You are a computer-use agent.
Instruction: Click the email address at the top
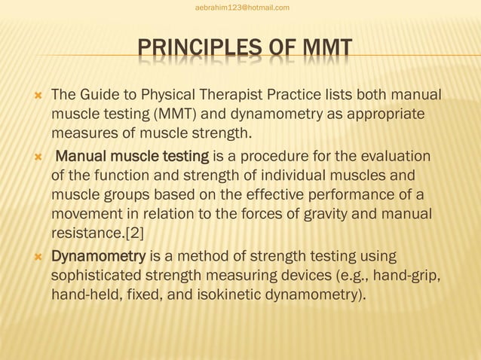coord(241,8)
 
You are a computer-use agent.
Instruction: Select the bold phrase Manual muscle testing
coord(133,157)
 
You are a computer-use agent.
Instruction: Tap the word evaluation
coord(399,157)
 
